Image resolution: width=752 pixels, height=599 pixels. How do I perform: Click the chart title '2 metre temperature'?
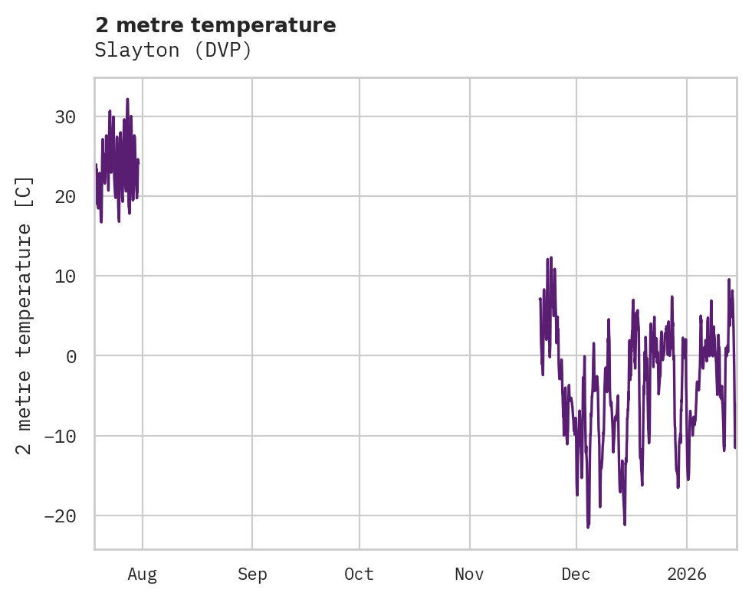(x=215, y=25)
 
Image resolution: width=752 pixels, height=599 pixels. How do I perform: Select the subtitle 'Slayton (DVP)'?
(x=173, y=51)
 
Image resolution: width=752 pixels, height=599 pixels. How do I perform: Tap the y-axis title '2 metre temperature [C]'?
(x=25, y=316)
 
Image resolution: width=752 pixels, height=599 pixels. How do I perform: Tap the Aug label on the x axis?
(x=142, y=574)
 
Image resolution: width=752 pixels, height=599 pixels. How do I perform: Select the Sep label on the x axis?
(x=252, y=574)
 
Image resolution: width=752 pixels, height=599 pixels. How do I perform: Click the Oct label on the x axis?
(x=359, y=574)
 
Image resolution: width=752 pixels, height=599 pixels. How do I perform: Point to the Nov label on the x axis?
(x=469, y=574)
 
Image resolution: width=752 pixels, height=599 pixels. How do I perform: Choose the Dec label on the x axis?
(x=576, y=574)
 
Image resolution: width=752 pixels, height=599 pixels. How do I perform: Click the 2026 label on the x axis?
(x=686, y=574)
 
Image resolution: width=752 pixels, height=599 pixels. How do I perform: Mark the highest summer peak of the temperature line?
(x=127, y=100)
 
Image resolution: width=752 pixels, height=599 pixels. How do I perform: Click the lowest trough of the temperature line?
(x=588, y=527)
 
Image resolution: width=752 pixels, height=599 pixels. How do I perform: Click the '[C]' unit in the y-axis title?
(x=25, y=191)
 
